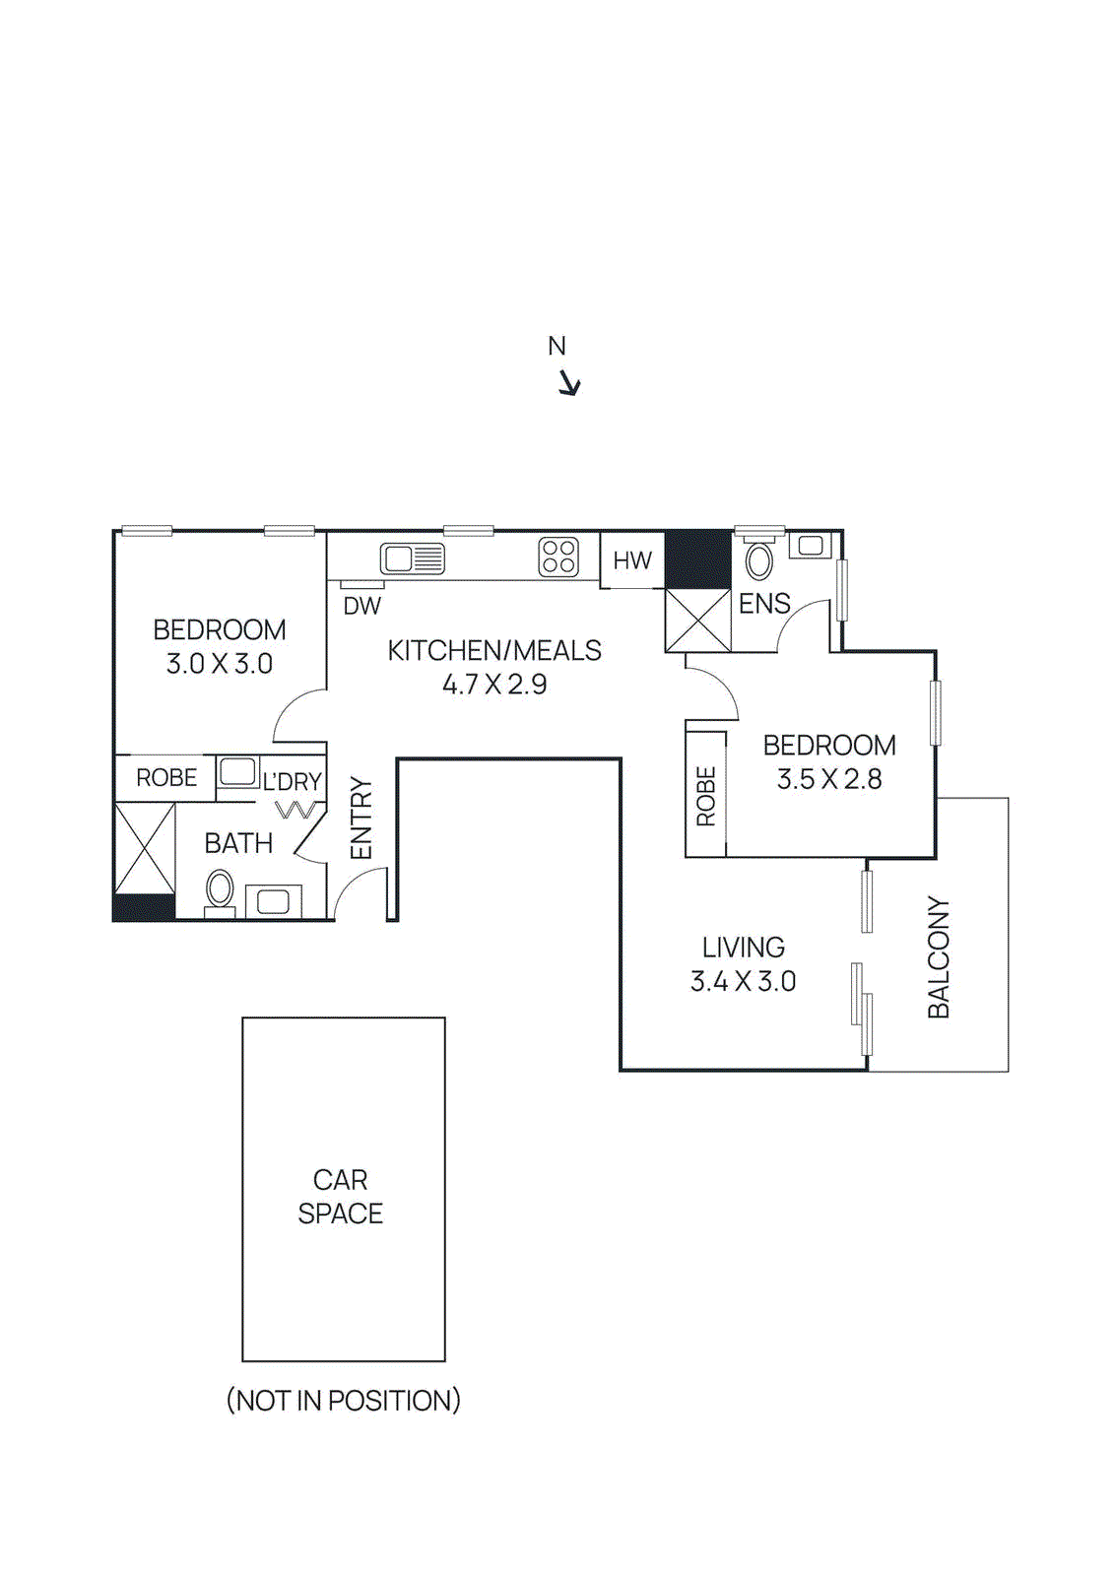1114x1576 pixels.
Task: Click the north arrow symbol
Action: [x=569, y=383]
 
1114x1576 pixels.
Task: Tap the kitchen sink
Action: [x=412, y=558]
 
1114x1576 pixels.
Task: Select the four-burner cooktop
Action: [x=558, y=557]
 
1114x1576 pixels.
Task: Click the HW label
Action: [x=631, y=560]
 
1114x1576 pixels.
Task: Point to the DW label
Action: [x=361, y=606]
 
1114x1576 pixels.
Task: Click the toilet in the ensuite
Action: [x=758, y=559]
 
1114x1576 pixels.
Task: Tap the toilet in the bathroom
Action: [x=220, y=889]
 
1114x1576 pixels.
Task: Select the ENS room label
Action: [x=764, y=604]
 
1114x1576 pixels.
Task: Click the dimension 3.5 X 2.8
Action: [x=828, y=779]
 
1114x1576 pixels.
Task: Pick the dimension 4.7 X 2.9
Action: [x=493, y=684]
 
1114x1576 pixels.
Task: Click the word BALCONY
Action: [x=939, y=956]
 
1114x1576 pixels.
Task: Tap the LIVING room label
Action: [x=743, y=948]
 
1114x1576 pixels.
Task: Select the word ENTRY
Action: [x=361, y=818]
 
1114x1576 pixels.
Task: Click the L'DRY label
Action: [x=292, y=781]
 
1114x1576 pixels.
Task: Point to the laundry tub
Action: [x=237, y=771]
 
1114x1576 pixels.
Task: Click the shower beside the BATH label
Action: [x=145, y=848]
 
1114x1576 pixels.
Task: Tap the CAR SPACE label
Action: [x=341, y=1196]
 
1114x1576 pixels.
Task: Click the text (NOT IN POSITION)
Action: [x=343, y=1400]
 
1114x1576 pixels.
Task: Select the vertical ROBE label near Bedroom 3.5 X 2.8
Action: [x=706, y=795]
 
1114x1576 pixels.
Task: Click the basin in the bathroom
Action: [x=273, y=900]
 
